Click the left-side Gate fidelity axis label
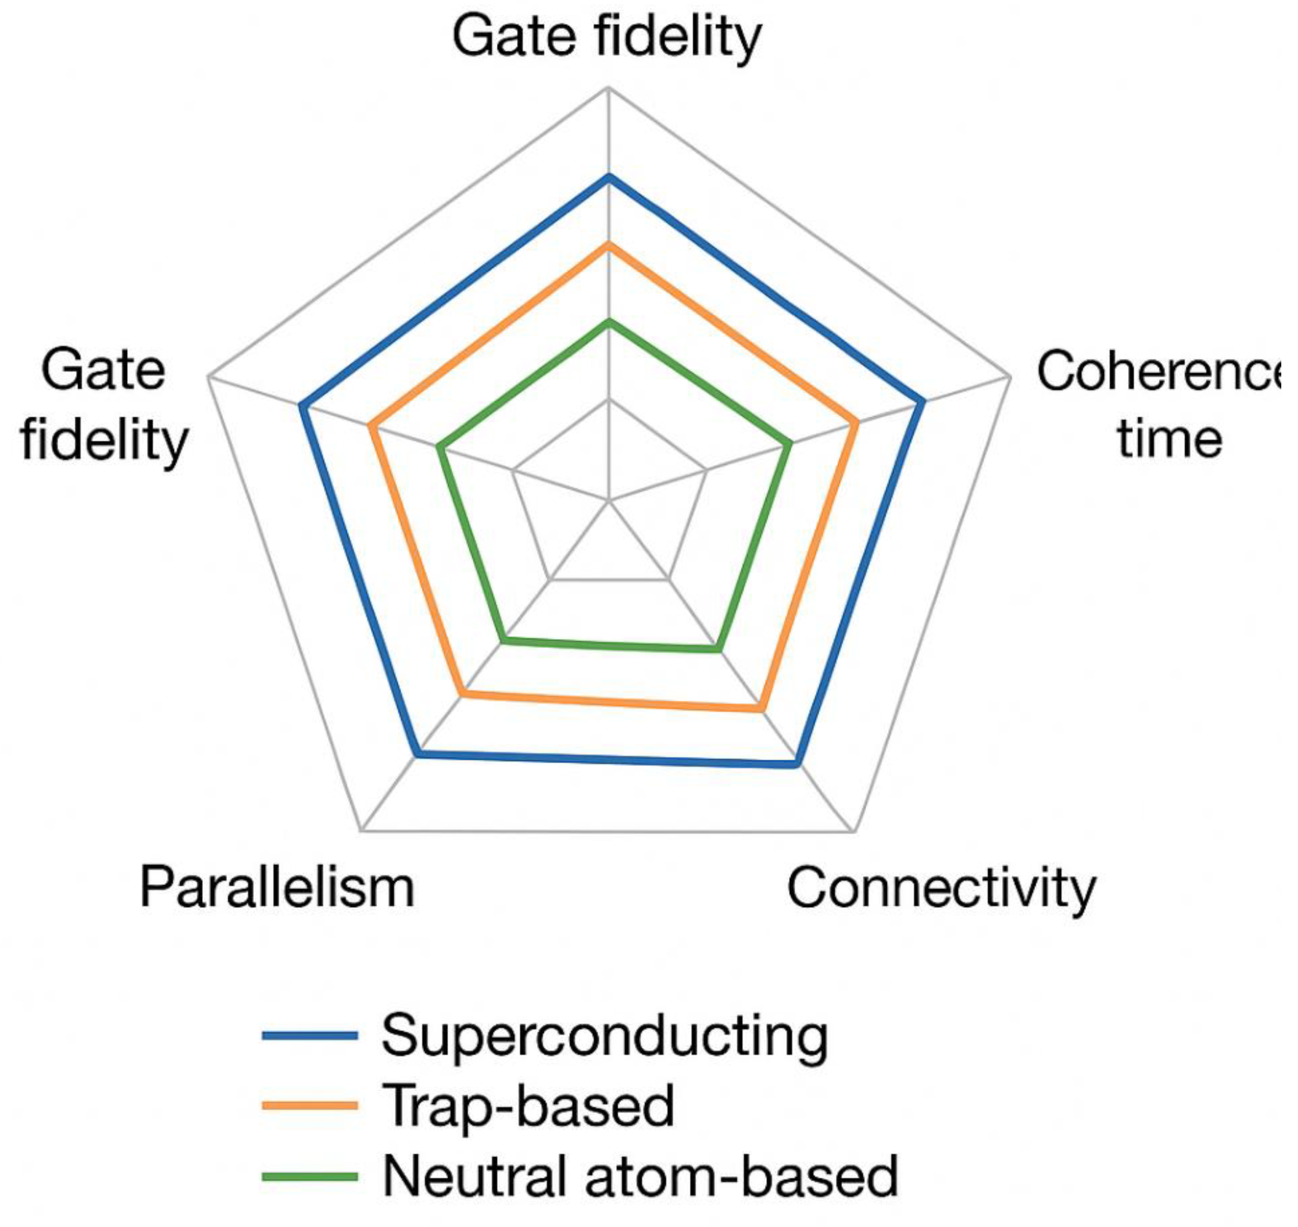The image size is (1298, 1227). click(x=105, y=406)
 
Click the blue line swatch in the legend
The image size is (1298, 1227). click(x=310, y=1035)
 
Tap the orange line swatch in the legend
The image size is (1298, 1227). click(x=310, y=1105)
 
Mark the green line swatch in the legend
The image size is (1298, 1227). click(x=310, y=1176)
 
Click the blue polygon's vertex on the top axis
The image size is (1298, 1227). click(x=609, y=177)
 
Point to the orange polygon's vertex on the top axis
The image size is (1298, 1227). click(x=609, y=245)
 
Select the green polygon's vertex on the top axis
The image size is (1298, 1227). click(x=609, y=322)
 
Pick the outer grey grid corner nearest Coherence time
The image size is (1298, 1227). click(x=1010, y=377)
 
